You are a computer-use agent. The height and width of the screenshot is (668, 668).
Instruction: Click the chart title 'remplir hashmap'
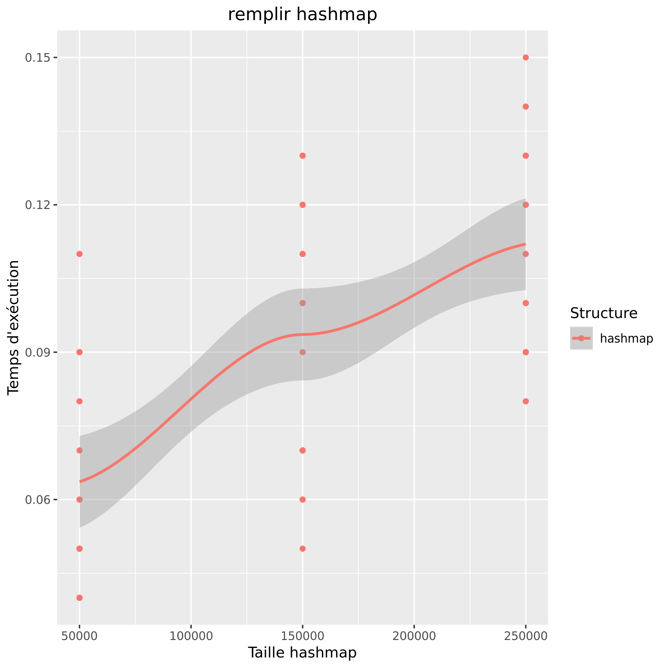click(302, 15)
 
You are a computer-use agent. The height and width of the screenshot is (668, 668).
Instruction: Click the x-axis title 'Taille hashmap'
click(302, 652)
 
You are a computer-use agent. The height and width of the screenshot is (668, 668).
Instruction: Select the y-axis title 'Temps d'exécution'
click(13, 327)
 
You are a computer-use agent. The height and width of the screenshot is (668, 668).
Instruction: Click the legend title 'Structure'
click(603, 313)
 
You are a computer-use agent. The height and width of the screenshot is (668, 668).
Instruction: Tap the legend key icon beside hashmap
click(581, 338)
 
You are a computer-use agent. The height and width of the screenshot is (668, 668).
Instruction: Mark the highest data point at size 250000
click(525, 57)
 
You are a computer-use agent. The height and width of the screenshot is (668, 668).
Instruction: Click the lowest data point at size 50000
click(80, 598)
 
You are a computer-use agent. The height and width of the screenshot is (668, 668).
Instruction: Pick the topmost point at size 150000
click(303, 156)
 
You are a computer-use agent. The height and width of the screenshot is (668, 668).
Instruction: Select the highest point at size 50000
click(80, 254)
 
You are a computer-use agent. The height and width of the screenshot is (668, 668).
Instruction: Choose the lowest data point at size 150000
click(303, 549)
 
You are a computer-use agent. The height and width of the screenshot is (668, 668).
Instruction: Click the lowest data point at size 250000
click(525, 401)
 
